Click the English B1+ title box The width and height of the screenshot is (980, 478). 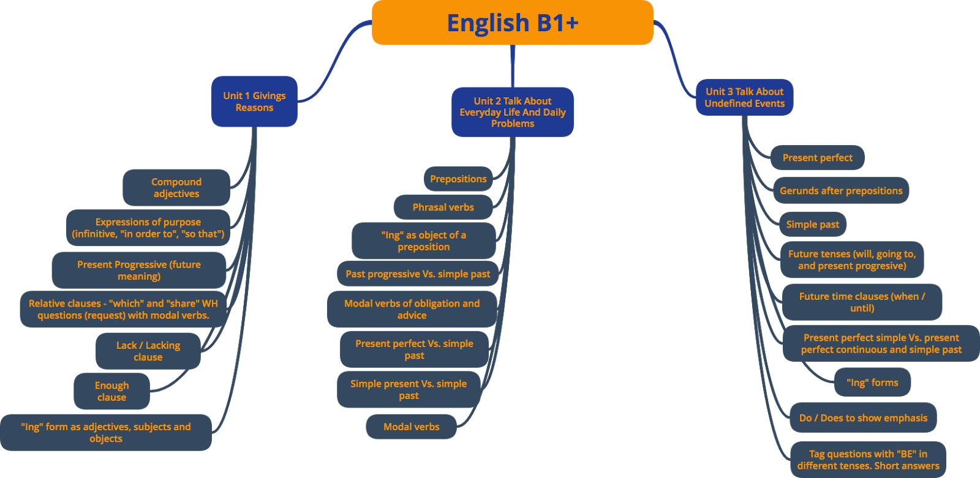tap(512, 23)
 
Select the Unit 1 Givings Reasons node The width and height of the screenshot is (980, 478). tap(254, 102)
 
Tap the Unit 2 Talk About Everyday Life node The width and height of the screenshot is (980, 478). tap(512, 112)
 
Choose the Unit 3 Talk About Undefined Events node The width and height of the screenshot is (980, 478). tap(744, 97)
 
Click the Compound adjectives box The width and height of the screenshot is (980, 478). tap(176, 188)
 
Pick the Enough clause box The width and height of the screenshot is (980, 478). tap(111, 392)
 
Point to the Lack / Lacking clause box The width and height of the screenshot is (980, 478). tap(148, 351)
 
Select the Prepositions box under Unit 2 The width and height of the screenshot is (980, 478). tap(458, 179)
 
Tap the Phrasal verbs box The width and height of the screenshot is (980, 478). tap(443, 207)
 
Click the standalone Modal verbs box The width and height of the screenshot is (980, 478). tap(411, 427)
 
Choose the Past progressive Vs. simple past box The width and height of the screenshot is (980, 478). tap(418, 274)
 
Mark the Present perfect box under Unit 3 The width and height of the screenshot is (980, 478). tap(817, 158)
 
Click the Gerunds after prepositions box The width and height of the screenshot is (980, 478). tap(840, 191)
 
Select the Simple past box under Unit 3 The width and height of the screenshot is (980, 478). tap(813, 225)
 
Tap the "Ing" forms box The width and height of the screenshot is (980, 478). tap(872, 383)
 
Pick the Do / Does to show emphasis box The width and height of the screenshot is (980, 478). tap(863, 418)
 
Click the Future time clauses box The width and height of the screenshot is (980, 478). tap(862, 302)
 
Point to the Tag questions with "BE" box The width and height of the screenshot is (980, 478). tap(868, 460)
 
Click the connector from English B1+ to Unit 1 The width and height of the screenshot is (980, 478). tap(334, 61)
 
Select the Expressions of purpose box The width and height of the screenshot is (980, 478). tap(148, 228)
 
